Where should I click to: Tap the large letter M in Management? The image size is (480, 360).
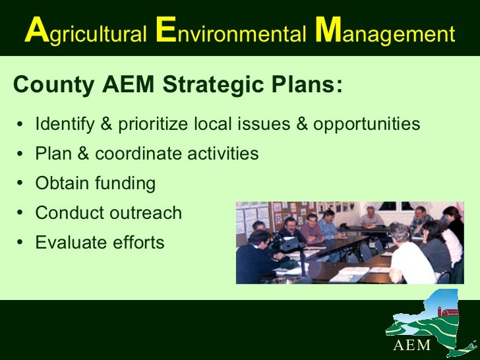click(x=327, y=32)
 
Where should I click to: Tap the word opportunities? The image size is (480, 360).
click(x=366, y=124)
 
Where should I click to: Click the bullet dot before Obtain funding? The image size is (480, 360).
click(x=22, y=184)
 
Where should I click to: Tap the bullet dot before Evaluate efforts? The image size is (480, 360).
click(x=22, y=243)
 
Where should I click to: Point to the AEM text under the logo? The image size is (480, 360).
click(x=412, y=345)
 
